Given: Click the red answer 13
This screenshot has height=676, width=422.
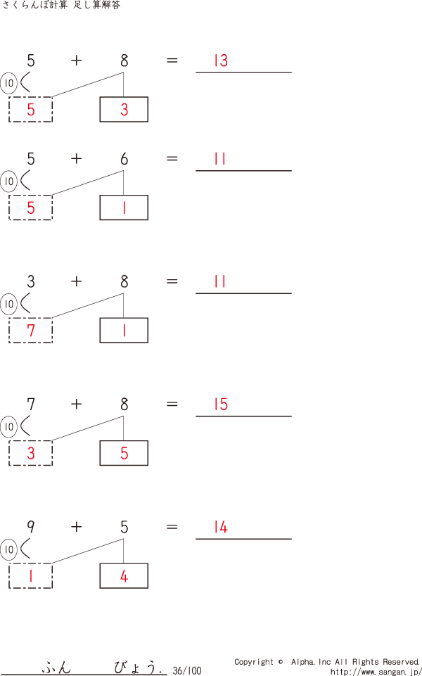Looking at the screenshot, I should click(221, 61).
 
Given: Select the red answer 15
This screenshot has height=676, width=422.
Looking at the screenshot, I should click(221, 404).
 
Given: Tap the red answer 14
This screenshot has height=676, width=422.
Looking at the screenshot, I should click(221, 528).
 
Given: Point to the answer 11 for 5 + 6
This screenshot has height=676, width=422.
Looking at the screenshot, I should click(220, 159).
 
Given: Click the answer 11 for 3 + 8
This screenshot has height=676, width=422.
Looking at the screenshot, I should click(220, 282).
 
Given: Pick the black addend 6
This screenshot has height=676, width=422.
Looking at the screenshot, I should click(124, 159).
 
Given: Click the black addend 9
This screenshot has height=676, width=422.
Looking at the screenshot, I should click(30, 527).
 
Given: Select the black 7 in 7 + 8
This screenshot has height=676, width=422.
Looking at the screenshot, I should click(30, 404).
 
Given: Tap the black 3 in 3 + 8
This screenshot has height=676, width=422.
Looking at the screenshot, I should click(30, 282).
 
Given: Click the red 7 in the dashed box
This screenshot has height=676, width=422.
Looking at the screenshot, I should click(30, 330).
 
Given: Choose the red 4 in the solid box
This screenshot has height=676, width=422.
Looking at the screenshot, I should click(124, 576).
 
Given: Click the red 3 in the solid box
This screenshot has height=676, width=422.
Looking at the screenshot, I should click(124, 110).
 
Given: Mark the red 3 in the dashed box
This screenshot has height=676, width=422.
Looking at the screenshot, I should click(30, 454).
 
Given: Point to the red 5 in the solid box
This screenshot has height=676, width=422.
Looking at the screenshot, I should click(124, 454).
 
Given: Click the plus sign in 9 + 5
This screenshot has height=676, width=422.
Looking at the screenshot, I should click(76, 527).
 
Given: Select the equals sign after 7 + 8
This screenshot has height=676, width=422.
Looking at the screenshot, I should click(172, 404).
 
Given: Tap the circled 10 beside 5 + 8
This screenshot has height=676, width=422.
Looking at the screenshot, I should click(9, 84).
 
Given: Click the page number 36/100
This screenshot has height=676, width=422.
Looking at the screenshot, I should click(186, 670).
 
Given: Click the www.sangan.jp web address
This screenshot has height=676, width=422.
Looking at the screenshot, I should click(376, 672).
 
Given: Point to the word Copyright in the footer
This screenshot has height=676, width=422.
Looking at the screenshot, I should click(254, 662).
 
